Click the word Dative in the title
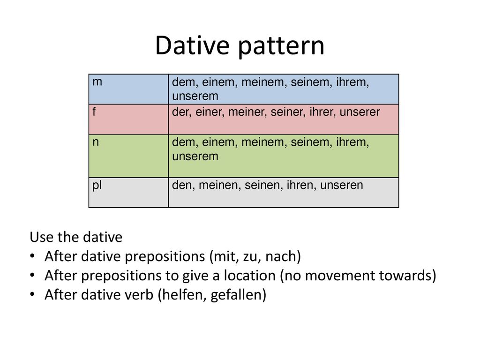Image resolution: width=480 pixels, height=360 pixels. [192, 45]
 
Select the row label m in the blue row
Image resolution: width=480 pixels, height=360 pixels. [97, 82]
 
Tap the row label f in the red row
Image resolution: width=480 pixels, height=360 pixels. [94, 112]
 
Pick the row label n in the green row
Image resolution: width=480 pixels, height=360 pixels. [96, 142]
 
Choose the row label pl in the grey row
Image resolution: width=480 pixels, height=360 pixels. [97, 186]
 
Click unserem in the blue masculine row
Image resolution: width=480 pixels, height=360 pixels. [195, 96]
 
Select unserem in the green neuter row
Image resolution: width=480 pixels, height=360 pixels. [195, 157]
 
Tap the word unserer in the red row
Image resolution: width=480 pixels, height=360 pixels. [360, 112]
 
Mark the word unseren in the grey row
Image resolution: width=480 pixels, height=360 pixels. [342, 185]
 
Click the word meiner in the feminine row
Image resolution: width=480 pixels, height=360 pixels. [247, 112]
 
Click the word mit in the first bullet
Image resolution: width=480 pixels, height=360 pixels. [225, 256]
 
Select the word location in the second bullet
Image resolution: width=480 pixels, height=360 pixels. [250, 276]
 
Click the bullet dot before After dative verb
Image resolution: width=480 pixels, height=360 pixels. [32, 294]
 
